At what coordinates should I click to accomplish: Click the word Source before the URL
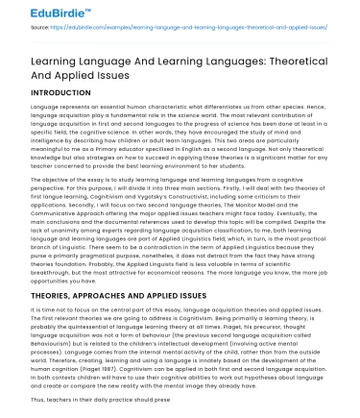[x=39, y=31]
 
